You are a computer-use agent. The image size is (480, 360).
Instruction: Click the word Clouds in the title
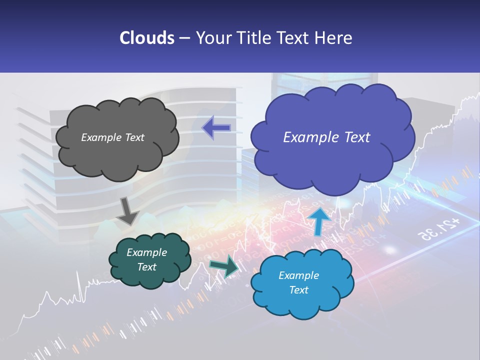point(147,38)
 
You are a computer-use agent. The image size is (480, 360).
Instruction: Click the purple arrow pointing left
point(216,128)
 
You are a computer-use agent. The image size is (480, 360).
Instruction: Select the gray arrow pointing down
point(128,211)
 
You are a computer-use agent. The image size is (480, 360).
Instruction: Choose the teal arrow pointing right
point(224,266)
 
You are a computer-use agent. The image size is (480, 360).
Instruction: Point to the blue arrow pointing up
point(318,221)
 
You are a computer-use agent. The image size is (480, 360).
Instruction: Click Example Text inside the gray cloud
point(112,137)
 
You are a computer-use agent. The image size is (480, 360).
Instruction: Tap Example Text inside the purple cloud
point(326,137)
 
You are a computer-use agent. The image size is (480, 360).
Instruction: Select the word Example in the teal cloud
point(146,252)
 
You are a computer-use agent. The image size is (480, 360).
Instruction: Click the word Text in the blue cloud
point(298,290)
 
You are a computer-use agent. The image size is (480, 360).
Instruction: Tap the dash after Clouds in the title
point(184,38)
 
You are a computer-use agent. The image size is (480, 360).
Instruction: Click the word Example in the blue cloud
point(298,275)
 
